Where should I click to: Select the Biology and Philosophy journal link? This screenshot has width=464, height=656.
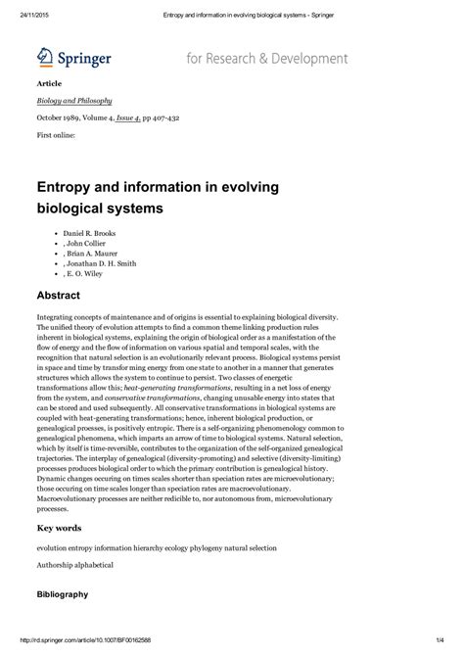(74, 100)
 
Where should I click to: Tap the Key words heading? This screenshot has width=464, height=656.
(61, 528)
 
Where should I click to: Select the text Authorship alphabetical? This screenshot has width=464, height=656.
(75, 565)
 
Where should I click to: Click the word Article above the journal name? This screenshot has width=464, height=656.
(49, 84)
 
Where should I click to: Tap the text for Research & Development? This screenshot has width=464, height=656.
(266, 59)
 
